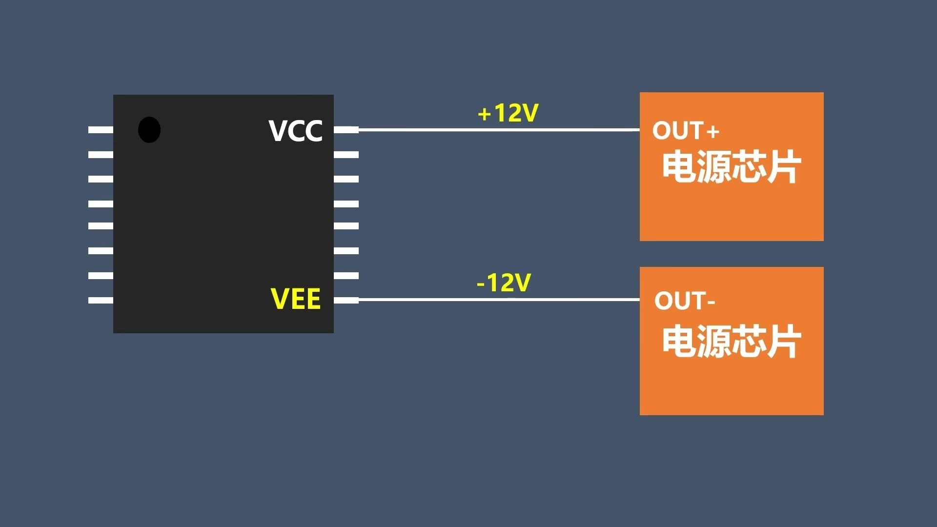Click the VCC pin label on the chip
296,131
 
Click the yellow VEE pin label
296,299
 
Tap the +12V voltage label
508,113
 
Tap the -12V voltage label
504,283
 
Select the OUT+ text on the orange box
686,131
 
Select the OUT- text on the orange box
685,301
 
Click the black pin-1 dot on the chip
149,130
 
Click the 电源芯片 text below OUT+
731,167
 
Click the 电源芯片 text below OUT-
731,341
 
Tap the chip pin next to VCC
346,130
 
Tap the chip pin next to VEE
346,300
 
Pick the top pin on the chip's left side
101,130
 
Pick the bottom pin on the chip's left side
101,300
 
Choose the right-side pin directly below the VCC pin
346,155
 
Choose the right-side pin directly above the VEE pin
346,276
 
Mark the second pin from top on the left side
101,155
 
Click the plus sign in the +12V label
484,115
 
